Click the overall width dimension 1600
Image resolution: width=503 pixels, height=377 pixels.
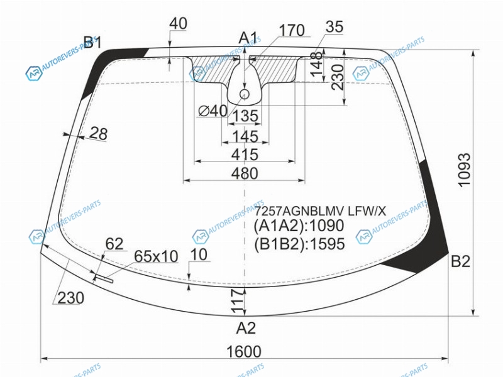click(244, 351)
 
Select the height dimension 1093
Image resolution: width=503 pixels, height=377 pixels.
click(464, 170)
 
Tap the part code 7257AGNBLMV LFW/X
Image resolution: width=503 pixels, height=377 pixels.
click(320, 211)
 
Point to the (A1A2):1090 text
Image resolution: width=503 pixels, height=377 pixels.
click(299, 226)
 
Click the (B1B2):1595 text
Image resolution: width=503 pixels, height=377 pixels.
click(299, 244)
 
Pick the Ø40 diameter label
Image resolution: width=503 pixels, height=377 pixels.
click(213, 111)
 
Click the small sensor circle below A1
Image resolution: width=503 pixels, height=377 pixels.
click(245, 94)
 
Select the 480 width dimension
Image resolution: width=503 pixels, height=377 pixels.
click(245, 173)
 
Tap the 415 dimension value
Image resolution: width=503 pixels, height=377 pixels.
click(245, 155)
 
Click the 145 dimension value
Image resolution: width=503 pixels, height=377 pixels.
click(245, 136)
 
